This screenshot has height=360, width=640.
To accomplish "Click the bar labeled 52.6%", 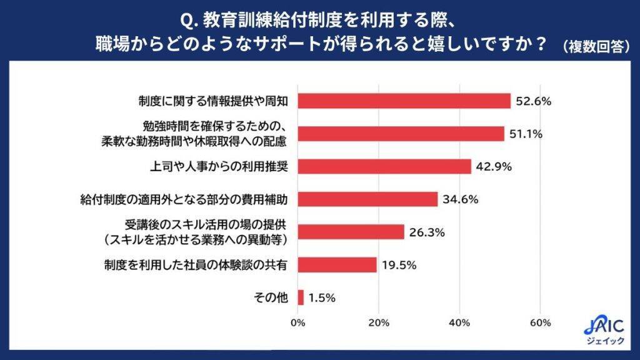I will pyautogui.click(x=404, y=101).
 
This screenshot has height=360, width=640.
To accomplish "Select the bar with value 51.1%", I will pyautogui.click(x=401, y=134).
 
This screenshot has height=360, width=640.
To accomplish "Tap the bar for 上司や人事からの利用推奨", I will pyautogui.click(x=384, y=166).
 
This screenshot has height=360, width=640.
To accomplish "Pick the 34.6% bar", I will pyautogui.click(x=367, y=199).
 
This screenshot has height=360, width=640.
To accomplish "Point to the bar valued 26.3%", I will pyautogui.click(x=351, y=232).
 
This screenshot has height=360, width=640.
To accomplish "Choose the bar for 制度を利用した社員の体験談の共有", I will pyautogui.click(x=337, y=265).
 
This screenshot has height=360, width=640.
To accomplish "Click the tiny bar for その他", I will pyautogui.click(x=301, y=297).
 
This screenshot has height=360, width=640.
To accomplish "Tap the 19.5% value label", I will pyautogui.click(x=400, y=265).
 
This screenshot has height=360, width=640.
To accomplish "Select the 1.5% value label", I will pyautogui.click(x=322, y=298).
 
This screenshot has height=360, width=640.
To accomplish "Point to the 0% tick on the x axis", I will pyautogui.click(x=299, y=323).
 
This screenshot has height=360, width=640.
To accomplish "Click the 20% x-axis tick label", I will pyautogui.click(x=379, y=323).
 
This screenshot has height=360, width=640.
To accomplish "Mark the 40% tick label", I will pyautogui.click(x=459, y=323).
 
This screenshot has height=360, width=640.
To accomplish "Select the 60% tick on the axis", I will pyautogui.click(x=540, y=323).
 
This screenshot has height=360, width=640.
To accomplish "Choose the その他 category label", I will pyautogui.click(x=271, y=298).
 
